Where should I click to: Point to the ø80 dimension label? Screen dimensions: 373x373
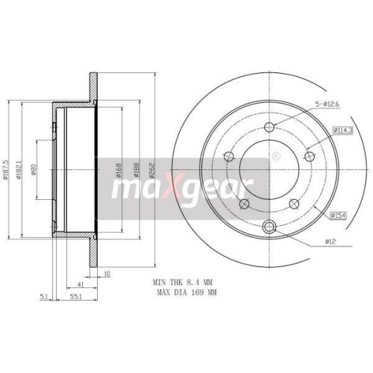tap(34, 173)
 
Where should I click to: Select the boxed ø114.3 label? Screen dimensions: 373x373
tap(321, 130)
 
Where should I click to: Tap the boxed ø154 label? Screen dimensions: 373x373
tap(339, 216)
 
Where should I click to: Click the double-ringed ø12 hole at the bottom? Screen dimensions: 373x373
tap(271, 228)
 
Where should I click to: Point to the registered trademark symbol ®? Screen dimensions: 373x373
tap(276, 157)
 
